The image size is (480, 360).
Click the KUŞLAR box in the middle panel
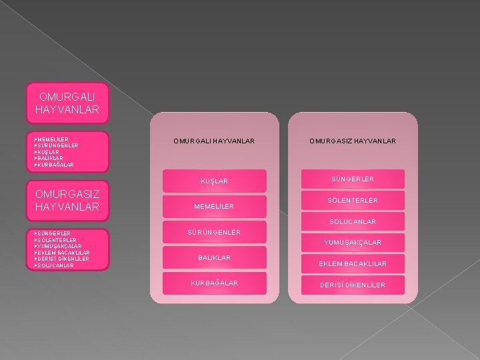(x=214, y=181)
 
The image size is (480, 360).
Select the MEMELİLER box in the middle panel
(x=214, y=206)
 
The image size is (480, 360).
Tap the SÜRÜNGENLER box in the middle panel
(x=214, y=232)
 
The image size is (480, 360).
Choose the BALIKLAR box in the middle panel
(x=214, y=257)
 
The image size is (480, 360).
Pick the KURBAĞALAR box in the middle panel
(x=214, y=283)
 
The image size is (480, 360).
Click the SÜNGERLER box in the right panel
(x=352, y=179)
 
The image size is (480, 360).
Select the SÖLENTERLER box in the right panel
(x=352, y=200)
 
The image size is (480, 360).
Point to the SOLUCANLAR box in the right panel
(x=352, y=221)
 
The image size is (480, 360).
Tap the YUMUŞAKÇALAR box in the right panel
(x=352, y=243)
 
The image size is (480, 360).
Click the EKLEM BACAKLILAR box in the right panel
(x=352, y=264)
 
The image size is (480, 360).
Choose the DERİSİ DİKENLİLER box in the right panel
(x=352, y=285)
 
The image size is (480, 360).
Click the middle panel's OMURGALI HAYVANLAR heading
(x=214, y=141)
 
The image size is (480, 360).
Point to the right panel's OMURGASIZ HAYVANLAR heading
(x=352, y=141)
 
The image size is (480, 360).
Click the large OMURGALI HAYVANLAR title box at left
(x=66, y=103)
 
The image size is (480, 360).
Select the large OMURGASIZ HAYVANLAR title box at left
(x=66, y=201)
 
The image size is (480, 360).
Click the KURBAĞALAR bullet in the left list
(x=57, y=164)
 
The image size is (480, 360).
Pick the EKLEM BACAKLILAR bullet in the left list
(x=64, y=253)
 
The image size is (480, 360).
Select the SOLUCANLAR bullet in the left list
(x=56, y=265)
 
